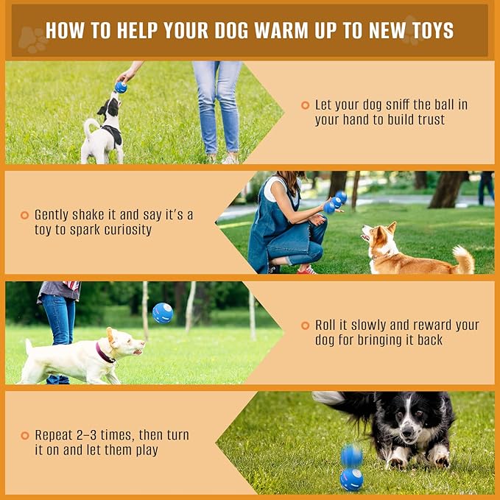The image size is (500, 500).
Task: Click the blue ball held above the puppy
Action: coord(121,87)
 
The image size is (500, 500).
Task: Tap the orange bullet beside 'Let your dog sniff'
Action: coord(306,105)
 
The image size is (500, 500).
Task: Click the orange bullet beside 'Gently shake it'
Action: coord(25,215)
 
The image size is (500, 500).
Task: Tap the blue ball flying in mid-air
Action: coord(163,313)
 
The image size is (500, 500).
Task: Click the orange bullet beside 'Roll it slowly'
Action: coord(306,325)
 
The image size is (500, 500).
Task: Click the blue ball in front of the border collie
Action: coord(351,479)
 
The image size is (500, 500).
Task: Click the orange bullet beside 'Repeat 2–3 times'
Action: coord(25,435)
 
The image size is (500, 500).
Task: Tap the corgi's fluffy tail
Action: coord(463,258)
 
